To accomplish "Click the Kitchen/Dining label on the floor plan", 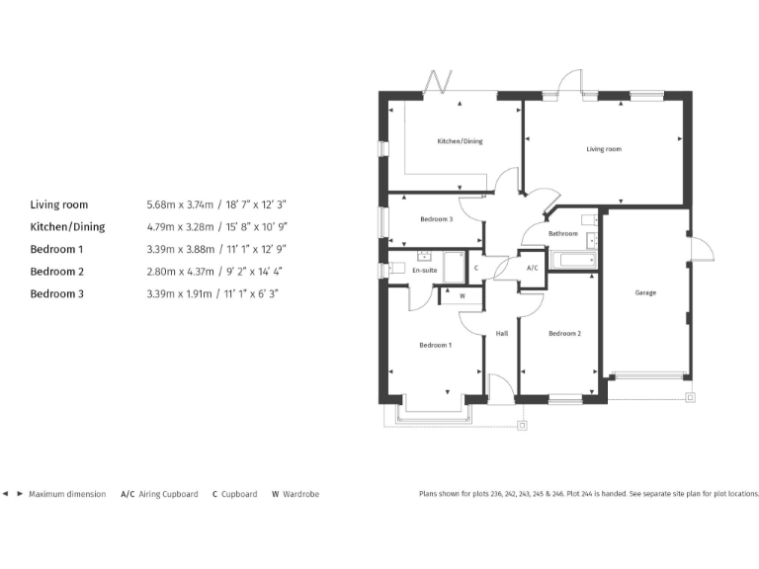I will (x=460, y=141).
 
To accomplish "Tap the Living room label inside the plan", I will (x=603, y=149).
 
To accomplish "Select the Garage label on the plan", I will (x=645, y=292).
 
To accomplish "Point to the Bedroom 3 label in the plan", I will (x=436, y=218).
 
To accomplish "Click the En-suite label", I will (x=424, y=268).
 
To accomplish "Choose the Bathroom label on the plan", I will (x=562, y=233).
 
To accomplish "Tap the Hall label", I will (x=501, y=334).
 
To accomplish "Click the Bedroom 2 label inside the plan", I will (x=564, y=334).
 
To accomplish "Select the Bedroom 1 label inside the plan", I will (x=435, y=345).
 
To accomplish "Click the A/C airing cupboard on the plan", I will (x=532, y=268).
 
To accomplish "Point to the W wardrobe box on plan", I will (x=462, y=295).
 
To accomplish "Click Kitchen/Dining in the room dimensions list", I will (x=67, y=227).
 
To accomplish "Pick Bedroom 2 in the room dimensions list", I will (x=57, y=272).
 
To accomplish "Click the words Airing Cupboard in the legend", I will (x=168, y=494).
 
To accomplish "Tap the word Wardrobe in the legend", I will (x=301, y=494).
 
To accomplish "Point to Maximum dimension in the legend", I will (x=66, y=494).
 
